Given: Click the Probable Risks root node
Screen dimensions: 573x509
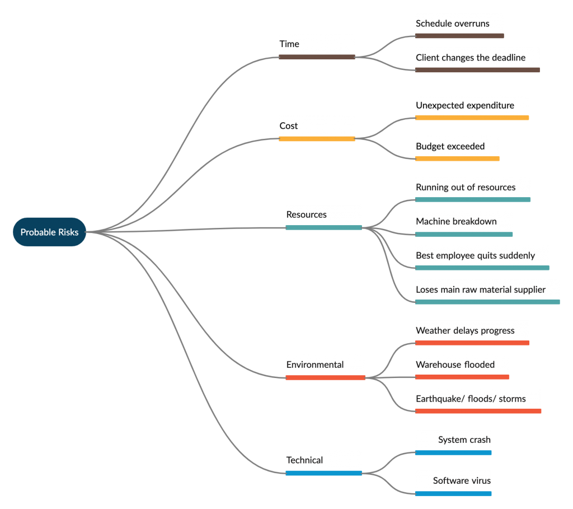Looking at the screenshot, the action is (49, 232).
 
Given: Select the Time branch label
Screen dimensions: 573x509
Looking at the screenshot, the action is (289, 44).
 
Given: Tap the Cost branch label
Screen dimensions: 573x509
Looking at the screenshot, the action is (288, 126).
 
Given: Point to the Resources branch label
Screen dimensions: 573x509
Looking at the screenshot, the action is (306, 214).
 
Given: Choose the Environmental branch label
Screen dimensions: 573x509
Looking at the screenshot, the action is (314, 365).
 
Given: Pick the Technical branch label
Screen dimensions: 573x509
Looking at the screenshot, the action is (304, 460).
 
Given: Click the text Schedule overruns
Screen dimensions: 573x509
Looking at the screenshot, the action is (452, 24).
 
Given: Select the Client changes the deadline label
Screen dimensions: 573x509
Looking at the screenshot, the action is (470, 58).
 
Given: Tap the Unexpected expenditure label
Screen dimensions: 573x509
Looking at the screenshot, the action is (465, 105).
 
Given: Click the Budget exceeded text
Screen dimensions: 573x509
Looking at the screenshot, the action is (450, 146).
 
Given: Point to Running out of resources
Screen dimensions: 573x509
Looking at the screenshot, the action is (466, 187).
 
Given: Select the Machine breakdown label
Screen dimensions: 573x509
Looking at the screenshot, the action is (456, 221).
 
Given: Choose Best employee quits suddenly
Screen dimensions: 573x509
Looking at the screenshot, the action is (475, 255).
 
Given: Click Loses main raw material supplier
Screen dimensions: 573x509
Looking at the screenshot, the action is (481, 289).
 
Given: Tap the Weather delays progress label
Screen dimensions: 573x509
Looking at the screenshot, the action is (465, 330).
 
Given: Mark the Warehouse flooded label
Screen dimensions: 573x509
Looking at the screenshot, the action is (455, 365).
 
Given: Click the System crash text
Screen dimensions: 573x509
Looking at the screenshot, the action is (464, 440).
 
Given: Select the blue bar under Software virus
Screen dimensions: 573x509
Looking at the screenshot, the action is (453, 494).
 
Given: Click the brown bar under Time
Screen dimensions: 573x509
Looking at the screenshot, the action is (317, 57).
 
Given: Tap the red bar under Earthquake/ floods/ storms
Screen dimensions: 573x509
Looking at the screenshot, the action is (478, 411).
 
